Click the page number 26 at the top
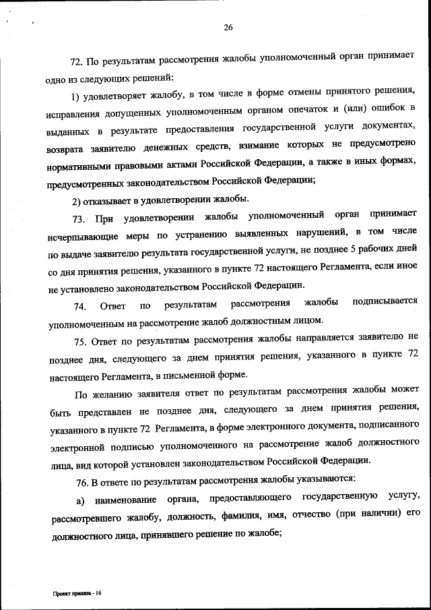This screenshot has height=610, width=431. click(228, 28)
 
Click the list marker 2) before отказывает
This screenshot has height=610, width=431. click(77, 198)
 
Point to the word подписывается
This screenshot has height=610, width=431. click(385, 301)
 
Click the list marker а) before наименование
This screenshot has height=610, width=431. click(79, 499)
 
